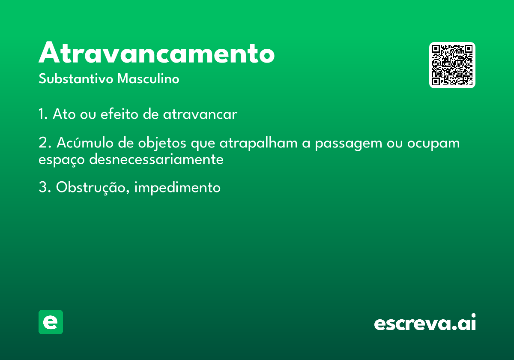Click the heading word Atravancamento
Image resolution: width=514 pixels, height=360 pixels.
click(x=156, y=52)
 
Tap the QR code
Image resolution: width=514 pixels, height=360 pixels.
click(x=452, y=65)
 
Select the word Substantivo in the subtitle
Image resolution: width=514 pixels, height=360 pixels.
click(x=76, y=78)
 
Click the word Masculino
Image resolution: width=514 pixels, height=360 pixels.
click(x=148, y=78)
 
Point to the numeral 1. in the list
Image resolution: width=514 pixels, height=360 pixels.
click(x=43, y=114)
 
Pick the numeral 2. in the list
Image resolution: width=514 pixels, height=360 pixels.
click(x=45, y=143)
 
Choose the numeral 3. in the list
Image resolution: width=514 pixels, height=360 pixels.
click(x=45, y=187)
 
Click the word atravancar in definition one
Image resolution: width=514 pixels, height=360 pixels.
click(x=200, y=114)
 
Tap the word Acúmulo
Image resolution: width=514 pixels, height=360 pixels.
click(x=85, y=143)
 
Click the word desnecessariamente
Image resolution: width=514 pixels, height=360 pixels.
click(x=156, y=159)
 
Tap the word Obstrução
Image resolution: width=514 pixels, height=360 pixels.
click(x=91, y=188)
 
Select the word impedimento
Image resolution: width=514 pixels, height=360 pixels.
click(x=177, y=188)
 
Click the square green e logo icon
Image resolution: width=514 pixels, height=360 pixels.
click(x=51, y=322)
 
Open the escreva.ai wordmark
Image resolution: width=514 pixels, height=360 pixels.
click(x=425, y=322)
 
